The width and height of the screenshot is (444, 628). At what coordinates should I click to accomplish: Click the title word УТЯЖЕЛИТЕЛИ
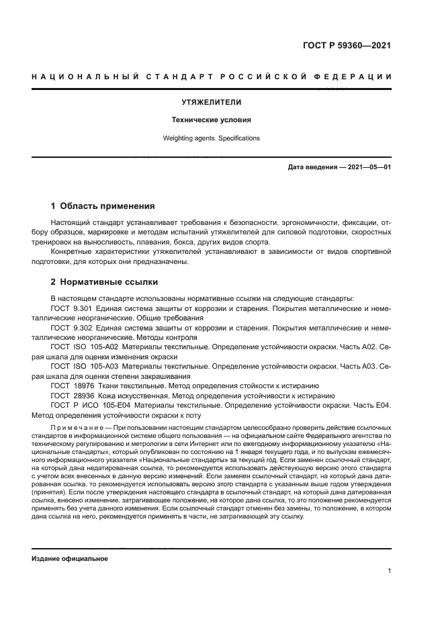pos(212,102)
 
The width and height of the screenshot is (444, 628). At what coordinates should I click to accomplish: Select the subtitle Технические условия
pos(212,120)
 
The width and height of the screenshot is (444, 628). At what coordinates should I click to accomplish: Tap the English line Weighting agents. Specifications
pos(212,138)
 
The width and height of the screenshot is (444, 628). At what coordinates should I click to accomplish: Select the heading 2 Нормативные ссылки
pos(105,282)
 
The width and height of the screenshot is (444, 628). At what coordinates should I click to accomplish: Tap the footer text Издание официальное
pos(70,559)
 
